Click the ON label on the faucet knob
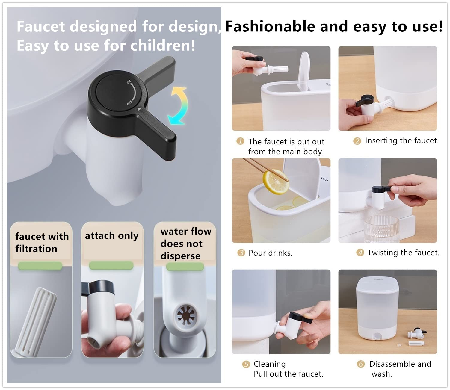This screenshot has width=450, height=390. (x=129, y=82)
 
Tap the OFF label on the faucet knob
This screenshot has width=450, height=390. (x=129, y=102)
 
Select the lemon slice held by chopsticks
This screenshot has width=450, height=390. (x=276, y=182)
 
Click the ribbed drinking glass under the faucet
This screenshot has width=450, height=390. (x=382, y=229)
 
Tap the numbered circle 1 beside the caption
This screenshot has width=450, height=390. (x=240, y=141)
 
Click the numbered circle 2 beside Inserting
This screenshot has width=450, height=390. (x=357, y=141)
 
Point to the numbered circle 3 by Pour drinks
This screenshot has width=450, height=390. (x=241, y=253)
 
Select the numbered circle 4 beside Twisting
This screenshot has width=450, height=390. (x=360, y=253)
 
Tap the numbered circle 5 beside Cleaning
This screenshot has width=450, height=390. (x=246, y=364)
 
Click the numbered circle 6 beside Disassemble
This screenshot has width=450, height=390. (x=361, y=364)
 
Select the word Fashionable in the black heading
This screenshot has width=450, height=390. (x=270, y=26)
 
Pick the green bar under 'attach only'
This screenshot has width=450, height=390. (x=111, y=265)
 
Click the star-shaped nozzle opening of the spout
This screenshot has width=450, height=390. (x=186, y=315)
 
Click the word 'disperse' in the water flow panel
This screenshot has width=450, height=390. (x=180, y=256)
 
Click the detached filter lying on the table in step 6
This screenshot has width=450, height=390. (x=416, y=344)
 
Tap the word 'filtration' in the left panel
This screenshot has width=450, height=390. (x=36, y=249)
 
